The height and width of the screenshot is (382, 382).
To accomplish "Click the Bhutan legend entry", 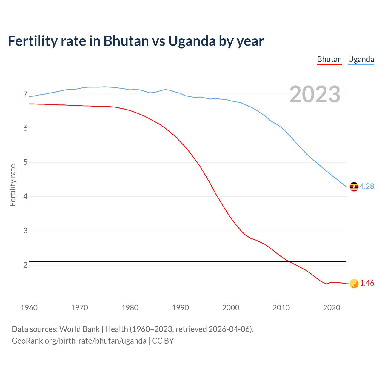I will point(329,59).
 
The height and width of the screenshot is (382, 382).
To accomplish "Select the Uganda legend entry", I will point(361,59).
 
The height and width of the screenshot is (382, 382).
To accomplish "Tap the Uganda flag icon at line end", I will point(354,187).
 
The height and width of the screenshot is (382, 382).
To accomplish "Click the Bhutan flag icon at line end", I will point(354,284).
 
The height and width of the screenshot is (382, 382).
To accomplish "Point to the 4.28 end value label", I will point(367,186).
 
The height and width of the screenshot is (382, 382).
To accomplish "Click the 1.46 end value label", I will point(367,283).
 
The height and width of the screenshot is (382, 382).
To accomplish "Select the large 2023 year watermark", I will point(315,94).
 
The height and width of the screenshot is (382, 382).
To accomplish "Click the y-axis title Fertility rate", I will point(13,185).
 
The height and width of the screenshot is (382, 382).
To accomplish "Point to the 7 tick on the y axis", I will point(25,94).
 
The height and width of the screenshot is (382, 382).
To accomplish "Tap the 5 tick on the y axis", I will point(25,162).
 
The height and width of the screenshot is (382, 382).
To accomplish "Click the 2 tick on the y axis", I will point(25,265).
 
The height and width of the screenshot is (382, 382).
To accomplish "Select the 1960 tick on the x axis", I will point(29,308).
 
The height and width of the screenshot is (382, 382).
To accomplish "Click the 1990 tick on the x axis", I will point(180,308).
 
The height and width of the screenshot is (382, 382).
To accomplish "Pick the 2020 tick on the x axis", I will point(332,308).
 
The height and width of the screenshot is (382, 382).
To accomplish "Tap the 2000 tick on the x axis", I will point(231,308).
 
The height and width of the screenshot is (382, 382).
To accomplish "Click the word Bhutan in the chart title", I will point(126,41).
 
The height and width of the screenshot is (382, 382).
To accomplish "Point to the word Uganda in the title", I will point(192,41).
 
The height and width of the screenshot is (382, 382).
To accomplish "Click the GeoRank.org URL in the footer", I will point(79,341).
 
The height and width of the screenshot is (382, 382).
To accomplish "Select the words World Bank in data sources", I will point(79,329).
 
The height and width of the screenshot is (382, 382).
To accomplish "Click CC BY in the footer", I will point(163,341).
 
